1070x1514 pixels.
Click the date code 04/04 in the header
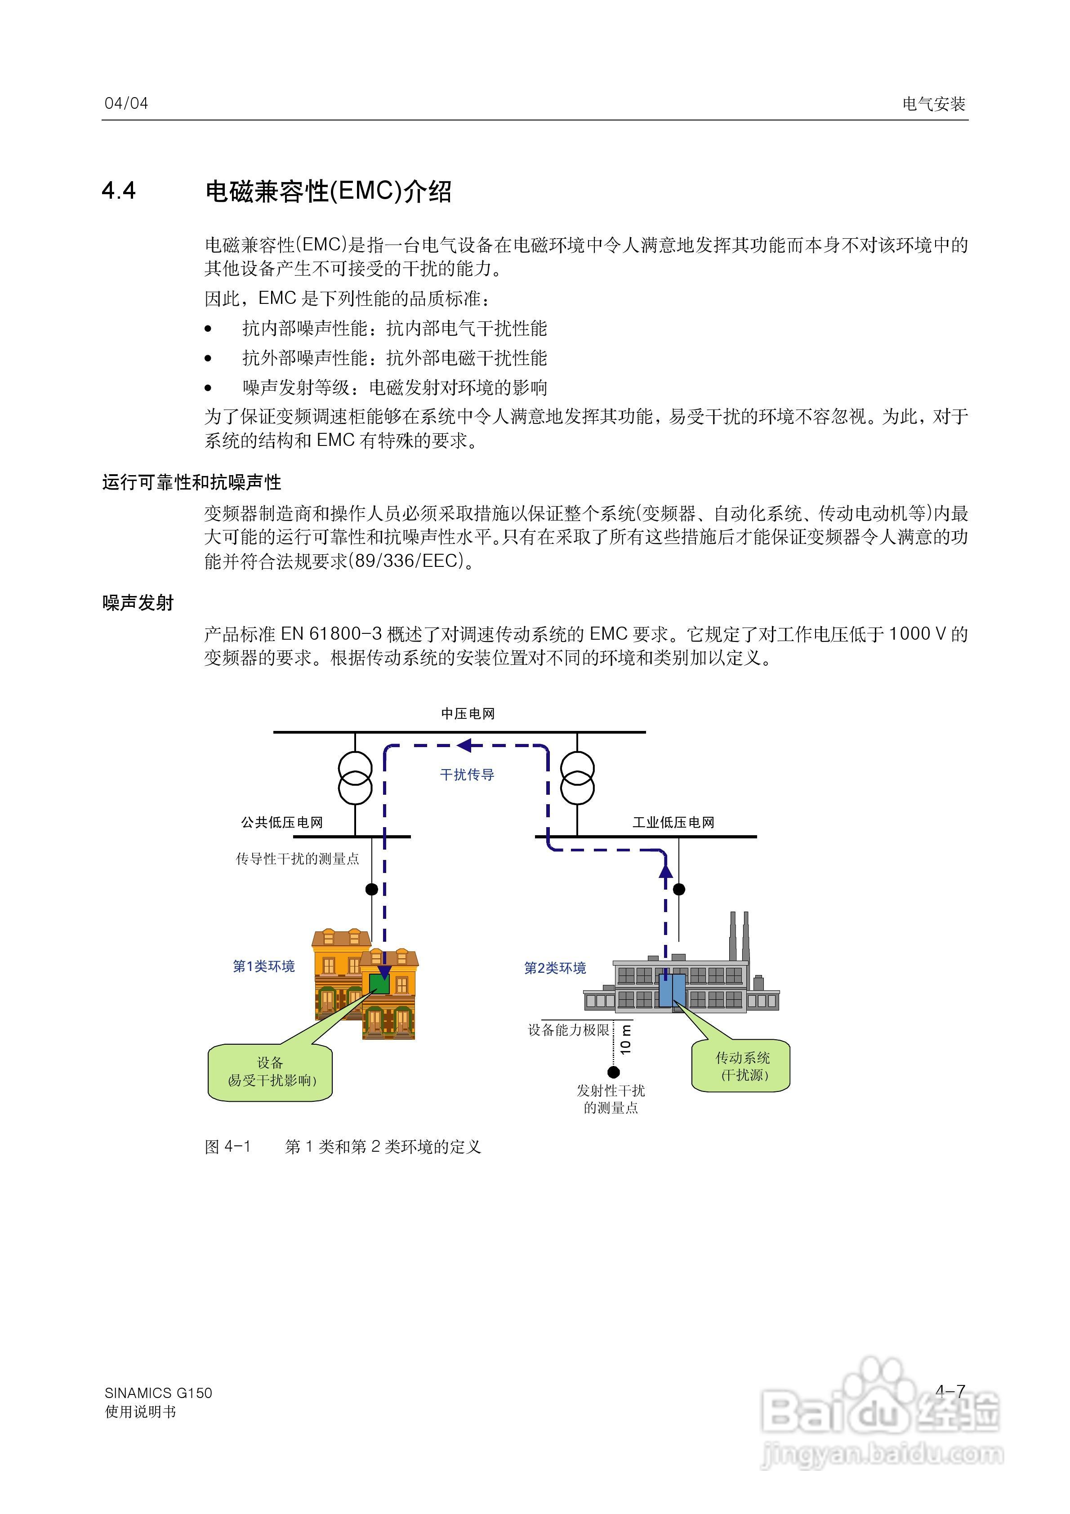pos(126,103)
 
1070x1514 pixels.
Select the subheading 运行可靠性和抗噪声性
pos(192,483)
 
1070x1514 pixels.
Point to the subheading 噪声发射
pos(138,603)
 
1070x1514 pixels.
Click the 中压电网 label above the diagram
pos(468,713)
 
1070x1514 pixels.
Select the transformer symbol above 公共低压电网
pos(355,778)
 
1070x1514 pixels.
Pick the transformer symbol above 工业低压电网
pos(577,778)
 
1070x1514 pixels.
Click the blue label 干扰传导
pos(467,775)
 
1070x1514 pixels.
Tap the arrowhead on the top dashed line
pos(465,746)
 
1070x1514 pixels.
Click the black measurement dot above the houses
pos(371,889)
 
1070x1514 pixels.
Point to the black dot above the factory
pos(679,889)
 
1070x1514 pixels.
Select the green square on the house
pos(379,984)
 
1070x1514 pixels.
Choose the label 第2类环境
pos(555,968)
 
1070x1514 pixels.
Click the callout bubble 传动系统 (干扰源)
pos(741,1066)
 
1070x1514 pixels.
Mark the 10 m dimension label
pos(626,1038)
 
